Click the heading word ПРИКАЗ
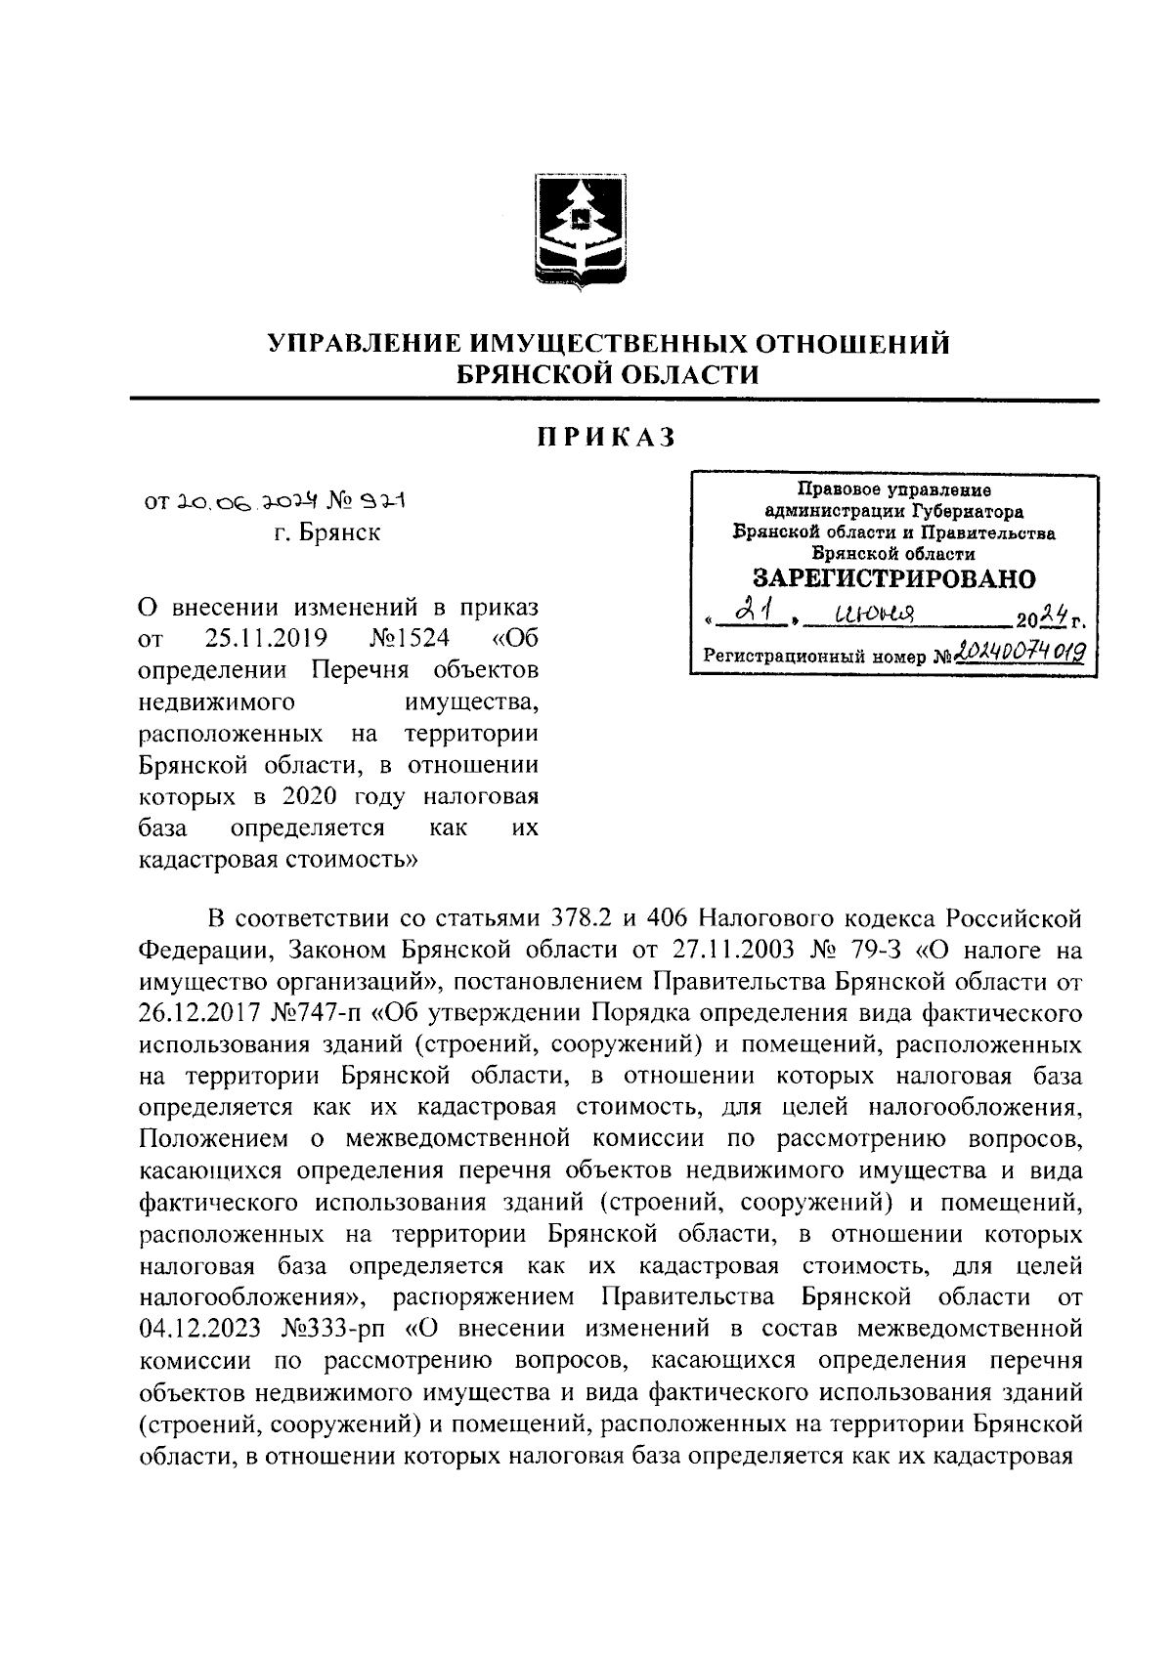606,439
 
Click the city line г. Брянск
327,533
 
